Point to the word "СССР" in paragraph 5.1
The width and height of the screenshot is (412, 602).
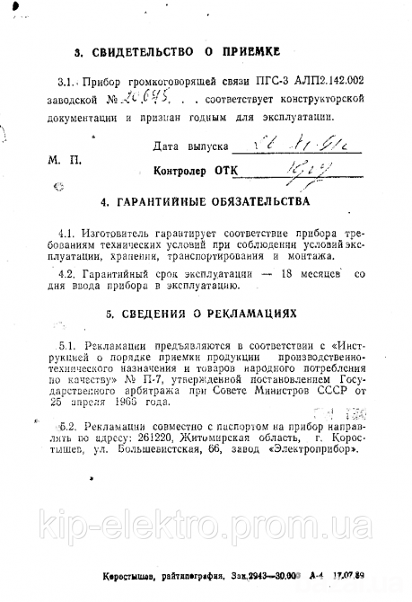click(312, 391)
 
